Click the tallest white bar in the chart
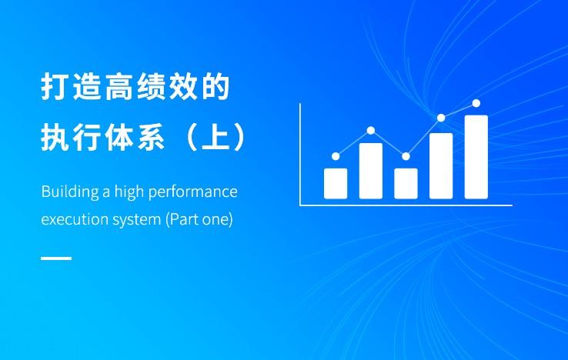pyautogui.click(x=476, y=157)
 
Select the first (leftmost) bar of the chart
pyautogui.click(x=336, y=184)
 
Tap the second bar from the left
pyautogui.click(x=370, y=171)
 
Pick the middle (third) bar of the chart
pyautogui.click(x=406, y=184)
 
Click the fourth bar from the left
pyautogui.click(x=441, y=166)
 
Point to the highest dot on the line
pyautogui.click(x=476, y=103)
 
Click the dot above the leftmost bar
pyautogui.click(x=336, y=156)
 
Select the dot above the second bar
pyautogui.click(x=370, y=130)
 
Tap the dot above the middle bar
pyautogui.click(x=406, y=156)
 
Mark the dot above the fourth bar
pyautogui.click(x=441, y=118)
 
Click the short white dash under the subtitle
pyautogui.click(x=56, y=258)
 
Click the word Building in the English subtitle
pyautogui.click(x=70, y=192)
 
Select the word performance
pyautogui.click(x=193, y=192)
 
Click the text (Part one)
pyautogui.click(x=199, y=219)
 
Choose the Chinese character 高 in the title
pyautogui.click(x=119, y=86)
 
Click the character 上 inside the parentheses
pyautogui.click(x=216, y=137)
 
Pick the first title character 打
pyautogui.click(x=55, y=86)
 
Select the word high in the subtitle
pyautogui.click(x=129, y=192)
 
